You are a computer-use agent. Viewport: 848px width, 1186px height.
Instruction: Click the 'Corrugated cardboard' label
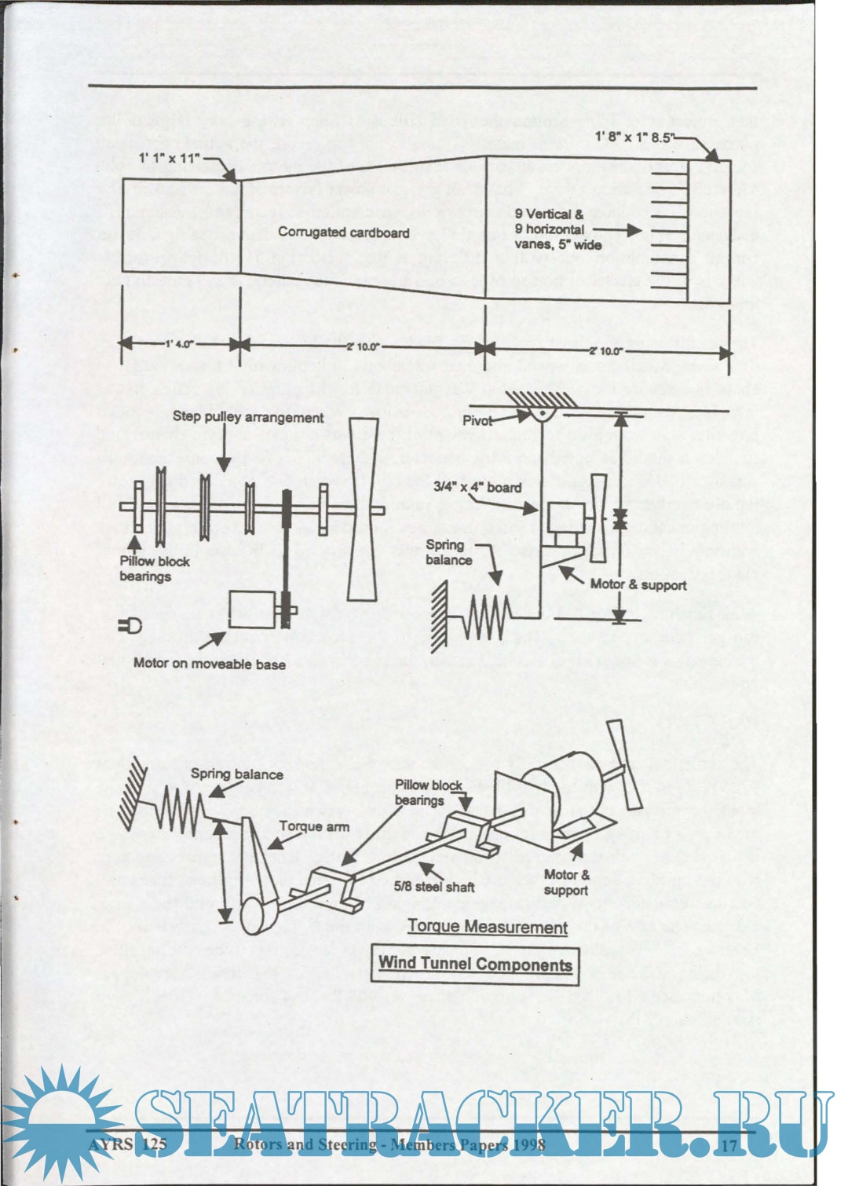(343, 232)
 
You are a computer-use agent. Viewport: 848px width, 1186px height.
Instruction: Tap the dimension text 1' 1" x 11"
(170, 158)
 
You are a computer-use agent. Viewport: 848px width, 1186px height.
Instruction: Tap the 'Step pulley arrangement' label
(247, 418)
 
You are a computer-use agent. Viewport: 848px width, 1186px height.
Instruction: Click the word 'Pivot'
(477, 420)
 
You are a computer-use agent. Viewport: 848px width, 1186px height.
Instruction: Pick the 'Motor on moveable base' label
(209, 664)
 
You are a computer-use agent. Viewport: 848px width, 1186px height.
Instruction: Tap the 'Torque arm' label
(314, 826)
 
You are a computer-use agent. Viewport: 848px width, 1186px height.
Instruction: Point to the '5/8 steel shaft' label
(434, 886)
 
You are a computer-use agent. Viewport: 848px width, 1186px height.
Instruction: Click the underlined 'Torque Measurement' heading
(487, 927)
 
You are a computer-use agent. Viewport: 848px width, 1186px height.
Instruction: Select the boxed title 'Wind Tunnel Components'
(475, 965)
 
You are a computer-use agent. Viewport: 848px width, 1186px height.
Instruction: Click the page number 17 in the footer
(729, 1145)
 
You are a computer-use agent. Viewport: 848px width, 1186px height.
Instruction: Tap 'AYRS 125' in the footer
(127, 1144)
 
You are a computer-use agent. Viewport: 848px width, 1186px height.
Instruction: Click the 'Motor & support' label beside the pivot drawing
(638, 584)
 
